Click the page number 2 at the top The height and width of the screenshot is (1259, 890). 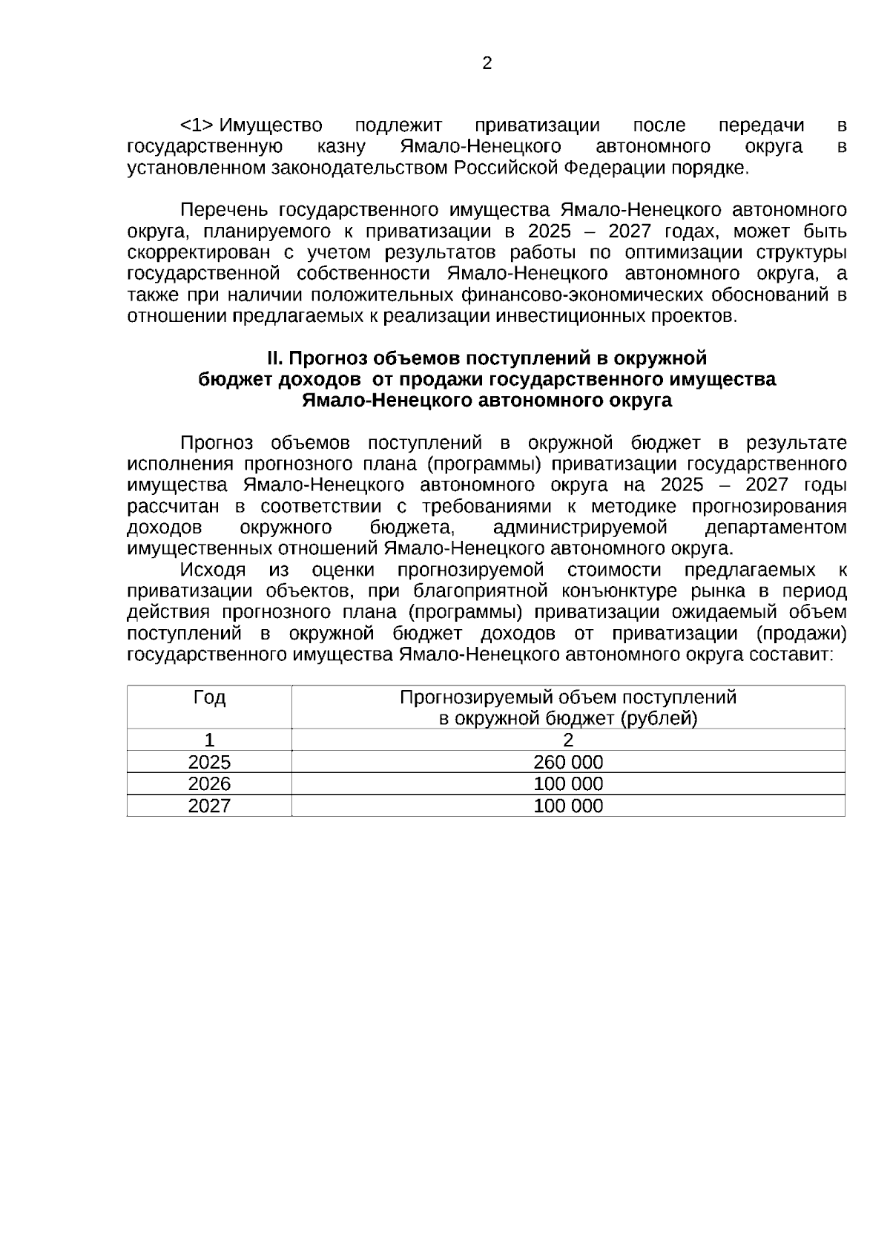(x=487, y=64)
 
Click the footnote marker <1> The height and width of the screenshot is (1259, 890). (x=197, y=125)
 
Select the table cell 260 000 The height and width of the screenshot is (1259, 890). (x=568, y=762)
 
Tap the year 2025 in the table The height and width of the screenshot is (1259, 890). (x=209, y=762)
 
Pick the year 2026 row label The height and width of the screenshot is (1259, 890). (x=209, y=783)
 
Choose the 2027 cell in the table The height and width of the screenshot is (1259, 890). (x=209, y=806)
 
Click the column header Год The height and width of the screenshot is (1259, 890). (x=209, y=697)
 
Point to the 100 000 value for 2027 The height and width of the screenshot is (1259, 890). (x=568, y=806)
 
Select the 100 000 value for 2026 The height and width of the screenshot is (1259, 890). (x=568, y=783)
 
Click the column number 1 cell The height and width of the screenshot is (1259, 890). (x=209, y=740)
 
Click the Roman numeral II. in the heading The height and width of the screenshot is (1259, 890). (x=275, y=358)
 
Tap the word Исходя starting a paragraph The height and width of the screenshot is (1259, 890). (x=213, y=570)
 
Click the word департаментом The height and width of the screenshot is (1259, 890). (x=775, y=527)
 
